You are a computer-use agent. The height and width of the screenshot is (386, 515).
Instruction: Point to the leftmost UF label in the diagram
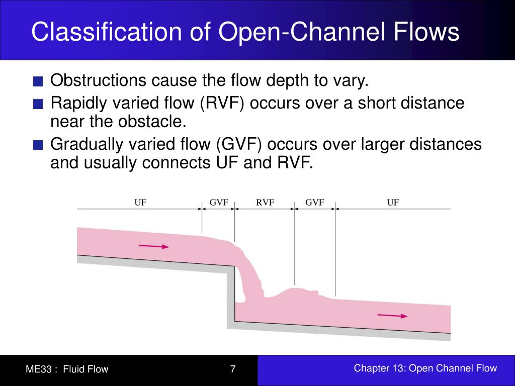coord(140,203)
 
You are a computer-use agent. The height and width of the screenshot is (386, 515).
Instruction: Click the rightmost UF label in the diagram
coord(393,203)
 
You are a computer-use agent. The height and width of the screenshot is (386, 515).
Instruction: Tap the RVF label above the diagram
coord(265,203)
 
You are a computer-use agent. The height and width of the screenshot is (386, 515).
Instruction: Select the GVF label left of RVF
coord(219,203)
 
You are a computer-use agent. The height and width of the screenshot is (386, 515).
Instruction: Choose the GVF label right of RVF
coord(314,203)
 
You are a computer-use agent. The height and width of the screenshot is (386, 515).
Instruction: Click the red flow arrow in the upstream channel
coord(154,247)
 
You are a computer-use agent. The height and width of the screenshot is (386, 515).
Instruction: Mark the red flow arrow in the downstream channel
coord(392,316)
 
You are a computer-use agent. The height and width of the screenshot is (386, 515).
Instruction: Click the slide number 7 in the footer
coord(233,369)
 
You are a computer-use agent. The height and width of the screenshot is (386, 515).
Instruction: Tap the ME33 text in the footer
coord(39,369)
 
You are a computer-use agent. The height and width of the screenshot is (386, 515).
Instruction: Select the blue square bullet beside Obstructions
coord(38,81)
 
